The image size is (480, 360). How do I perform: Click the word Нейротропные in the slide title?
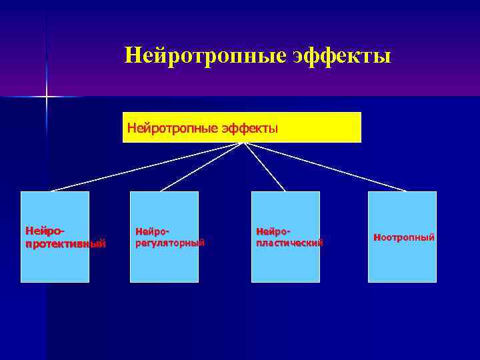(x=205, y=55)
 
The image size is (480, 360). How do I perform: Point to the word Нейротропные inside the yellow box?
(x=171, y=127)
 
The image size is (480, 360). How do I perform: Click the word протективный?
(x=65, y=243)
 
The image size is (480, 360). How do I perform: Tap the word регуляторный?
(x=169, y=243)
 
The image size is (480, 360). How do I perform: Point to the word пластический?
(x=289, y=243)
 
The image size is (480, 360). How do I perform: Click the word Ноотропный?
(x=404, y=237)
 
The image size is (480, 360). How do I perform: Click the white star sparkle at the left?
(x=47, y=97)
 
